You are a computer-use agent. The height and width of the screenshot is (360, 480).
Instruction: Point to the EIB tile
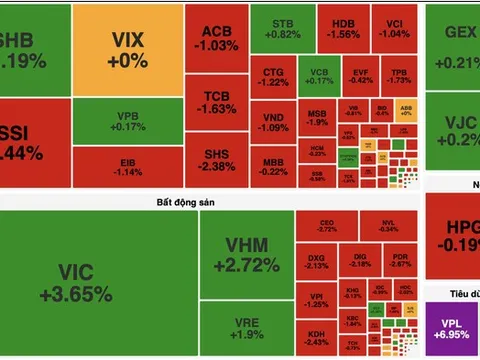[x=128, y=166]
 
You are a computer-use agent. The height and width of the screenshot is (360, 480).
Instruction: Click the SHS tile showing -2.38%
[x=214, y=159]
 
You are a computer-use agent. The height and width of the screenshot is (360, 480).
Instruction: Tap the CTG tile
[x=273, y=78]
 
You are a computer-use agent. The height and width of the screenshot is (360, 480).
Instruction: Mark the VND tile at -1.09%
[x=273, y=121]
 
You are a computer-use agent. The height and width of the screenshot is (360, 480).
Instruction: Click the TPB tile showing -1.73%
[x=398, y=78]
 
